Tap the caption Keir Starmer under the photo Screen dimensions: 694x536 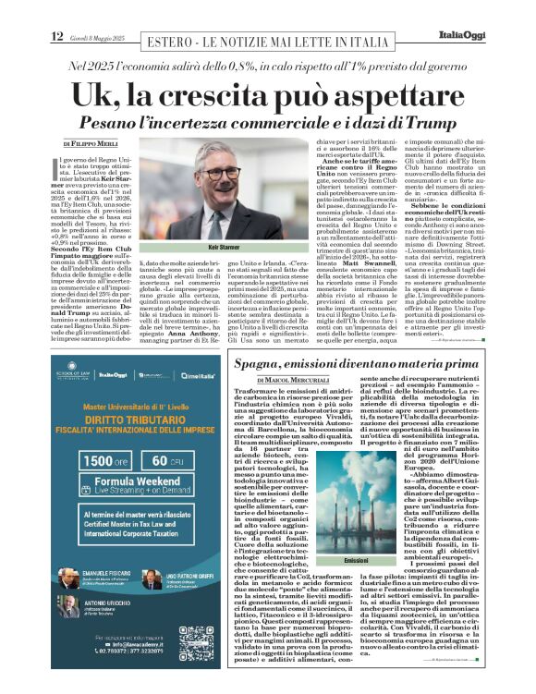[x=225, y=248]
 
